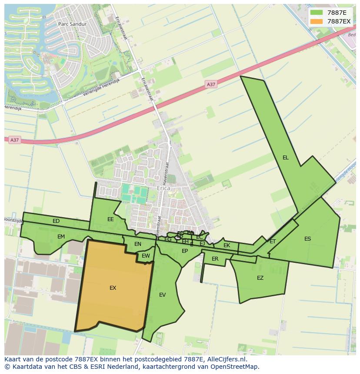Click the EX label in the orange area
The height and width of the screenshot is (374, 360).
(x=113, y=288)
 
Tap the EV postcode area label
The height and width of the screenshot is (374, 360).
(x=162, y=295)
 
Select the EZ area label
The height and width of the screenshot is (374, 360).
(x=260, y=278)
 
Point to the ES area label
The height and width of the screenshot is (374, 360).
(x=307, y=239)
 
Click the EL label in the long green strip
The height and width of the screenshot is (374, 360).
(x=285, y=158)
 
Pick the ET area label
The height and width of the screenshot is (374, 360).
(x=273, y=242)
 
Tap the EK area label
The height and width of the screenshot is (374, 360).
(x=227, y=245)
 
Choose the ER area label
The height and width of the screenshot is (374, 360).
(x=215, y=259)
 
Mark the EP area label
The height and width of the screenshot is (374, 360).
(x=185, y=251)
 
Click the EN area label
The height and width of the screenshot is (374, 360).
(x=137, y=244)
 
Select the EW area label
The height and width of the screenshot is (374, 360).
(x=146, y=256)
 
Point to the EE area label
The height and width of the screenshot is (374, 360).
(x=110, y=219)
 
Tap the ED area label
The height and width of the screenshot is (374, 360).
(x=56, y=221)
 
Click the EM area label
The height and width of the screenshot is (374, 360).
(x=61, y=237)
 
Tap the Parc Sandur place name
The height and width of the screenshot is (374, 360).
(x=72, y=24)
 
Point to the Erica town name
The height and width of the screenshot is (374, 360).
(x=164, y=189)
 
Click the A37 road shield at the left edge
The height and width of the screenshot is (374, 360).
(x=15, y=140)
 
